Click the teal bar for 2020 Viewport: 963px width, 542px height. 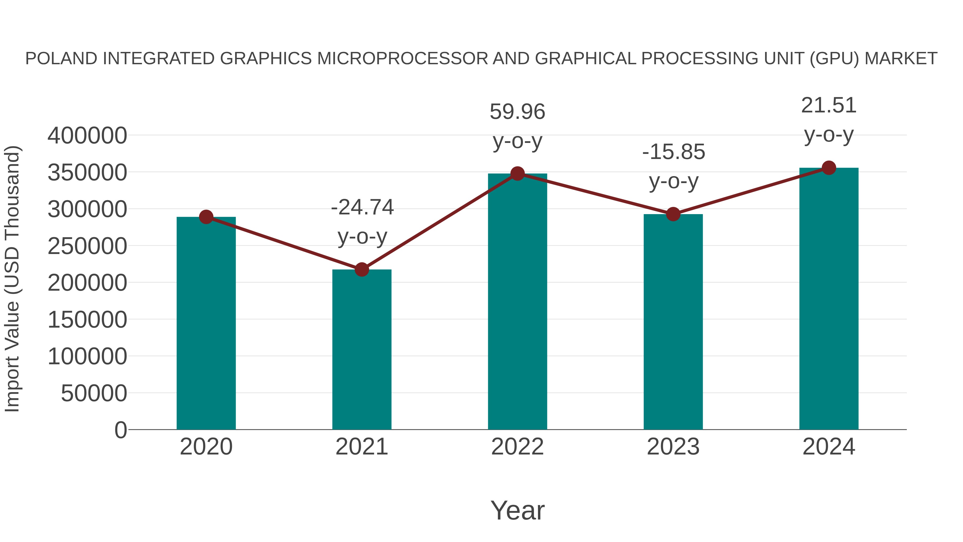pyautogui.click(x=206, y=324)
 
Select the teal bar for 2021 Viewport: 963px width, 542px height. pyautogui.click(x=361, y=350)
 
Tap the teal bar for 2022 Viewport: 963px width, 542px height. pyautogui.click(x=517, y=301)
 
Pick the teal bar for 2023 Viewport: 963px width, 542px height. pyautogui.click(x=673, y=322)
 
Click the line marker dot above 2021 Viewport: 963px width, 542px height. pyautogui.click(x=361, y=269)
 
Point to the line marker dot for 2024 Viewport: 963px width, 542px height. pyautogui.click(x=829, y=168)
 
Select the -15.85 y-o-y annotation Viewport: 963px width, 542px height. pyautogui.click(x=674, y=166)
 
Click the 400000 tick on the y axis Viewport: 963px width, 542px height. pyautogui.click(x=87, y=135)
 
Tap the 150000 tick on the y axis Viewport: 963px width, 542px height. pyautogui.click(x=87, y=320)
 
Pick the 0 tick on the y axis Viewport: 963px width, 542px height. pyautogui.click(x=120, y=430)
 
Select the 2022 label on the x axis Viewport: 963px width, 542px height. pyautogui.click(x=517, y=447)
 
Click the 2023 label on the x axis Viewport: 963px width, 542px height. pyautogui.click(x=673, y=447)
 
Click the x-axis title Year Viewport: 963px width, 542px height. pyautogui.click(x=517, y=510)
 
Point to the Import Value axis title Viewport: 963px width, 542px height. pyautogui.click(x=12, y=279)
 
